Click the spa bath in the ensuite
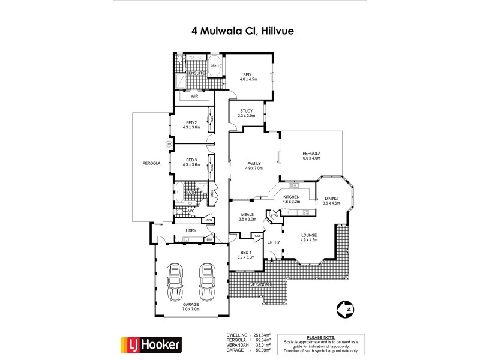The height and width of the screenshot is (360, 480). pos(214,64)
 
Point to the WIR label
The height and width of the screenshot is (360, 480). pos(194,96)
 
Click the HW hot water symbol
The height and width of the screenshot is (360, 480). pos(169,144)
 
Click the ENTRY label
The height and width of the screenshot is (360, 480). pos(274,242)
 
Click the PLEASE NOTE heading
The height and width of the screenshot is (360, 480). pos(320,337)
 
